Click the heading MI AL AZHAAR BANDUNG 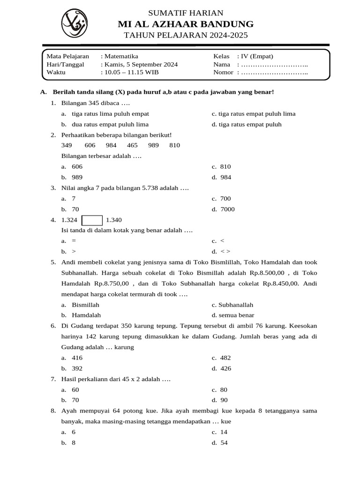186,24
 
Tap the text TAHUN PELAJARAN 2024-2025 186,36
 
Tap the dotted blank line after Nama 274,64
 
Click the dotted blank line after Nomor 274,72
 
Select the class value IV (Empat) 257,56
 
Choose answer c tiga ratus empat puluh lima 256,113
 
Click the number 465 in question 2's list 132,145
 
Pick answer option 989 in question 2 77,177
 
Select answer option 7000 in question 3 227,209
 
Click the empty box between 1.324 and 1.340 92,220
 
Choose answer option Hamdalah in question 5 86,315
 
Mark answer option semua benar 236,315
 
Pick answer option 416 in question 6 77,358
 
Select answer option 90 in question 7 224,400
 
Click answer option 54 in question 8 224,442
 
